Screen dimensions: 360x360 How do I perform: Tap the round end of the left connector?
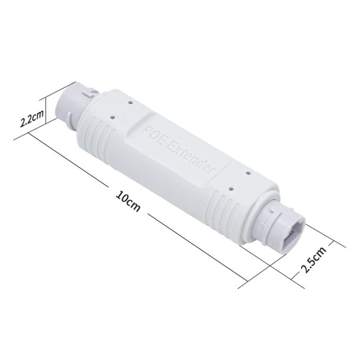click(x=64, y=102)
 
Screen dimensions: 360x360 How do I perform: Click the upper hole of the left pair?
click(x=130, y=102)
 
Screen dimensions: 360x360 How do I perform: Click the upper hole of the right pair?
click(x=248, y=173)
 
